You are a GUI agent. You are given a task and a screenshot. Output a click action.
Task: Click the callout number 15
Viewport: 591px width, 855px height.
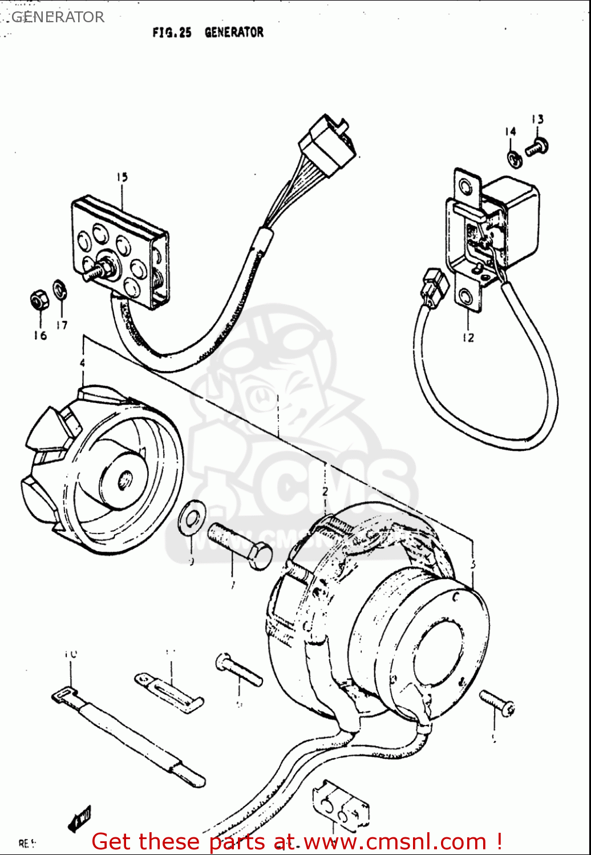pos(122,177)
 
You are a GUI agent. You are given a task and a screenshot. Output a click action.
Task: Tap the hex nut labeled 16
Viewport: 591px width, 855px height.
pos(38,300)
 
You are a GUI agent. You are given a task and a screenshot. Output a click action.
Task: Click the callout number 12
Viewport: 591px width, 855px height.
pos(468,337)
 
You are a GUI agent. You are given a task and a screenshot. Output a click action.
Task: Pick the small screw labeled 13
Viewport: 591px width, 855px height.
pos(536,147)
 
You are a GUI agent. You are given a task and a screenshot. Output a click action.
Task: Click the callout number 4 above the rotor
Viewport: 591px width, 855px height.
pos(83,363)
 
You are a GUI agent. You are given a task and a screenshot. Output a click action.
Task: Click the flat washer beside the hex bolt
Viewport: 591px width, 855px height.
pos(189,519)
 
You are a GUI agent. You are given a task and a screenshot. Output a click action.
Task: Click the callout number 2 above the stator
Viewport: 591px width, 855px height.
pos(325,491)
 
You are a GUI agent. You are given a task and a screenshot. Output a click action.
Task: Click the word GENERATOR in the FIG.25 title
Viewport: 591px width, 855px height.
pos(234,32)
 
